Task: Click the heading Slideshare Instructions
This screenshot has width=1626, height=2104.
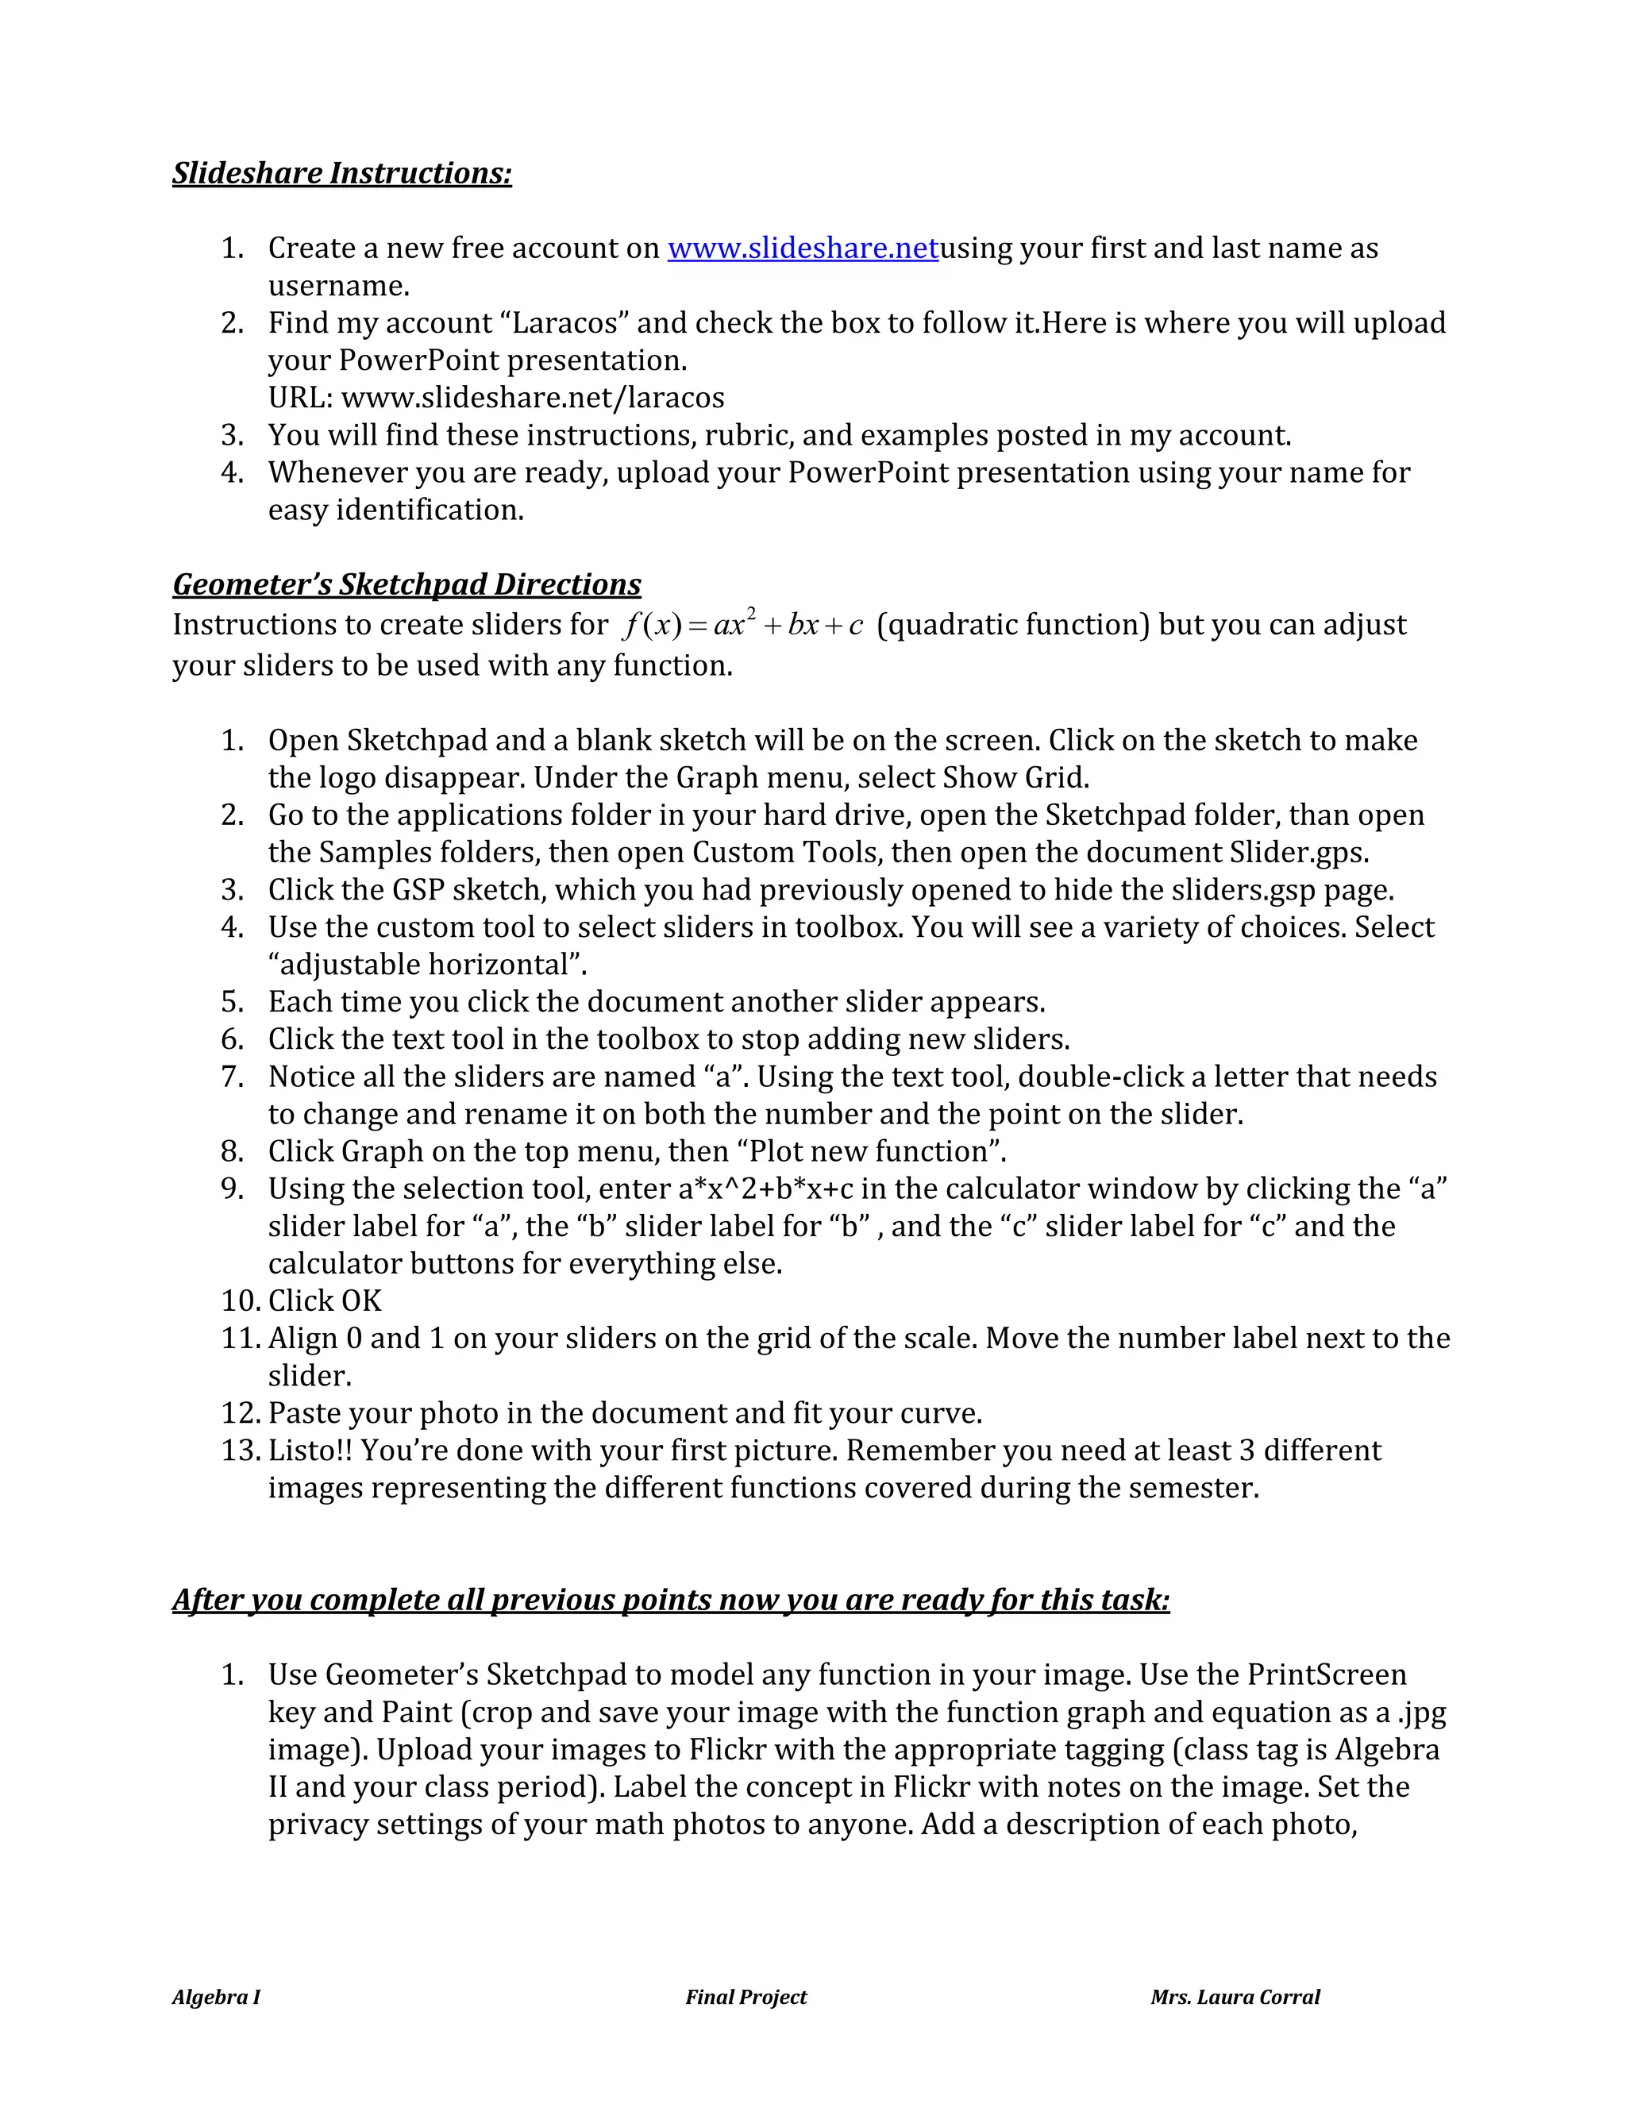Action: (342, 172)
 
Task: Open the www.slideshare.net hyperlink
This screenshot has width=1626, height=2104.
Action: (803, 249)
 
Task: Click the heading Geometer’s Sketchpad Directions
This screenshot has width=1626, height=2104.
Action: (406, 585)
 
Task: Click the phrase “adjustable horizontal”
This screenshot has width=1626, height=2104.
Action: (428, 965)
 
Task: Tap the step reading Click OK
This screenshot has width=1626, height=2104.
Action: (325, 1301)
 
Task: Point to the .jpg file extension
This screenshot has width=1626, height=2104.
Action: (1422, 1713)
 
